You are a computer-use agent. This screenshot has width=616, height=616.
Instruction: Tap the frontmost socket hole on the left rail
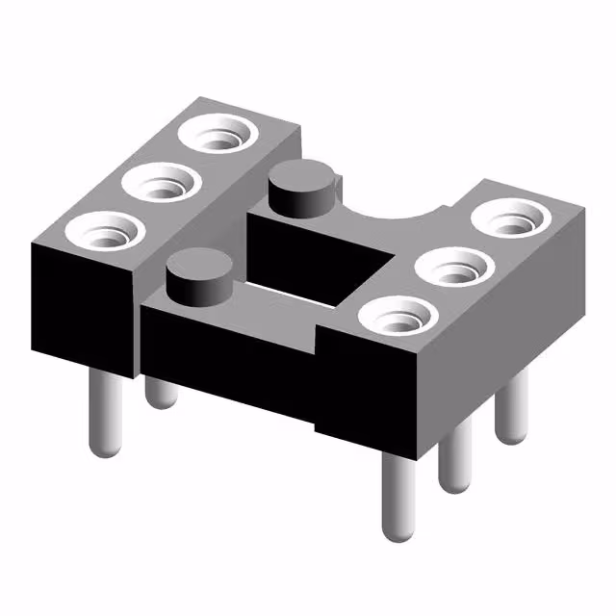click(101, 231)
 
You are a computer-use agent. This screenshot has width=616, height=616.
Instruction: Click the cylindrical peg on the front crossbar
click(199, 274)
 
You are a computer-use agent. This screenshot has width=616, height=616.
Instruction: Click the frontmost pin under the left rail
click(106, 414)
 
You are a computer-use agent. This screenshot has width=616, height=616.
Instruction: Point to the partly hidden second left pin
click(160, 391)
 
